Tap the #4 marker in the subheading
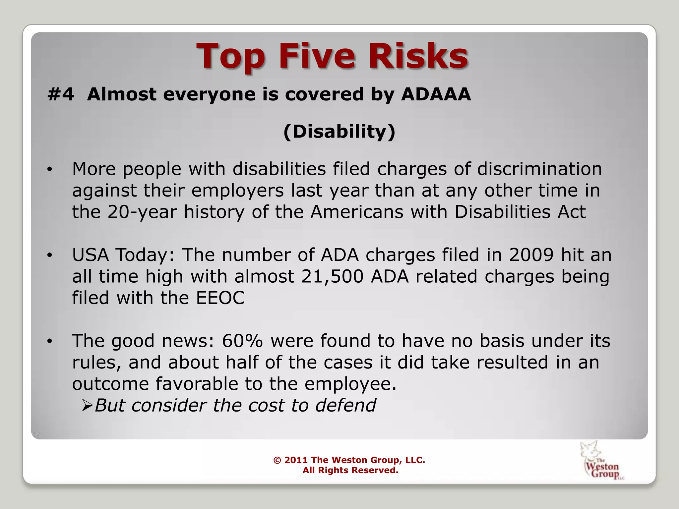click(x=61, y=94)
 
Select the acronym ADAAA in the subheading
click(x=436, y=94)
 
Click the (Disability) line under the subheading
click(x=339, y=132)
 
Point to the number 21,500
click(x=332, y=276)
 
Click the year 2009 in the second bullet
click(x=531, y=255)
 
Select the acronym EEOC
click(x=220, y=298)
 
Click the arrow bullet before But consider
click(x=87, y=405)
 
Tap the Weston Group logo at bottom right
click(x=601, y=461)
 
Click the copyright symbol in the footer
click(x=277, y=460)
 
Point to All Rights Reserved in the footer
click(x=350, y=470)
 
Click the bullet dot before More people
click(x=50, y=169)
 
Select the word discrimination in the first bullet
click(x=539, y=169)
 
